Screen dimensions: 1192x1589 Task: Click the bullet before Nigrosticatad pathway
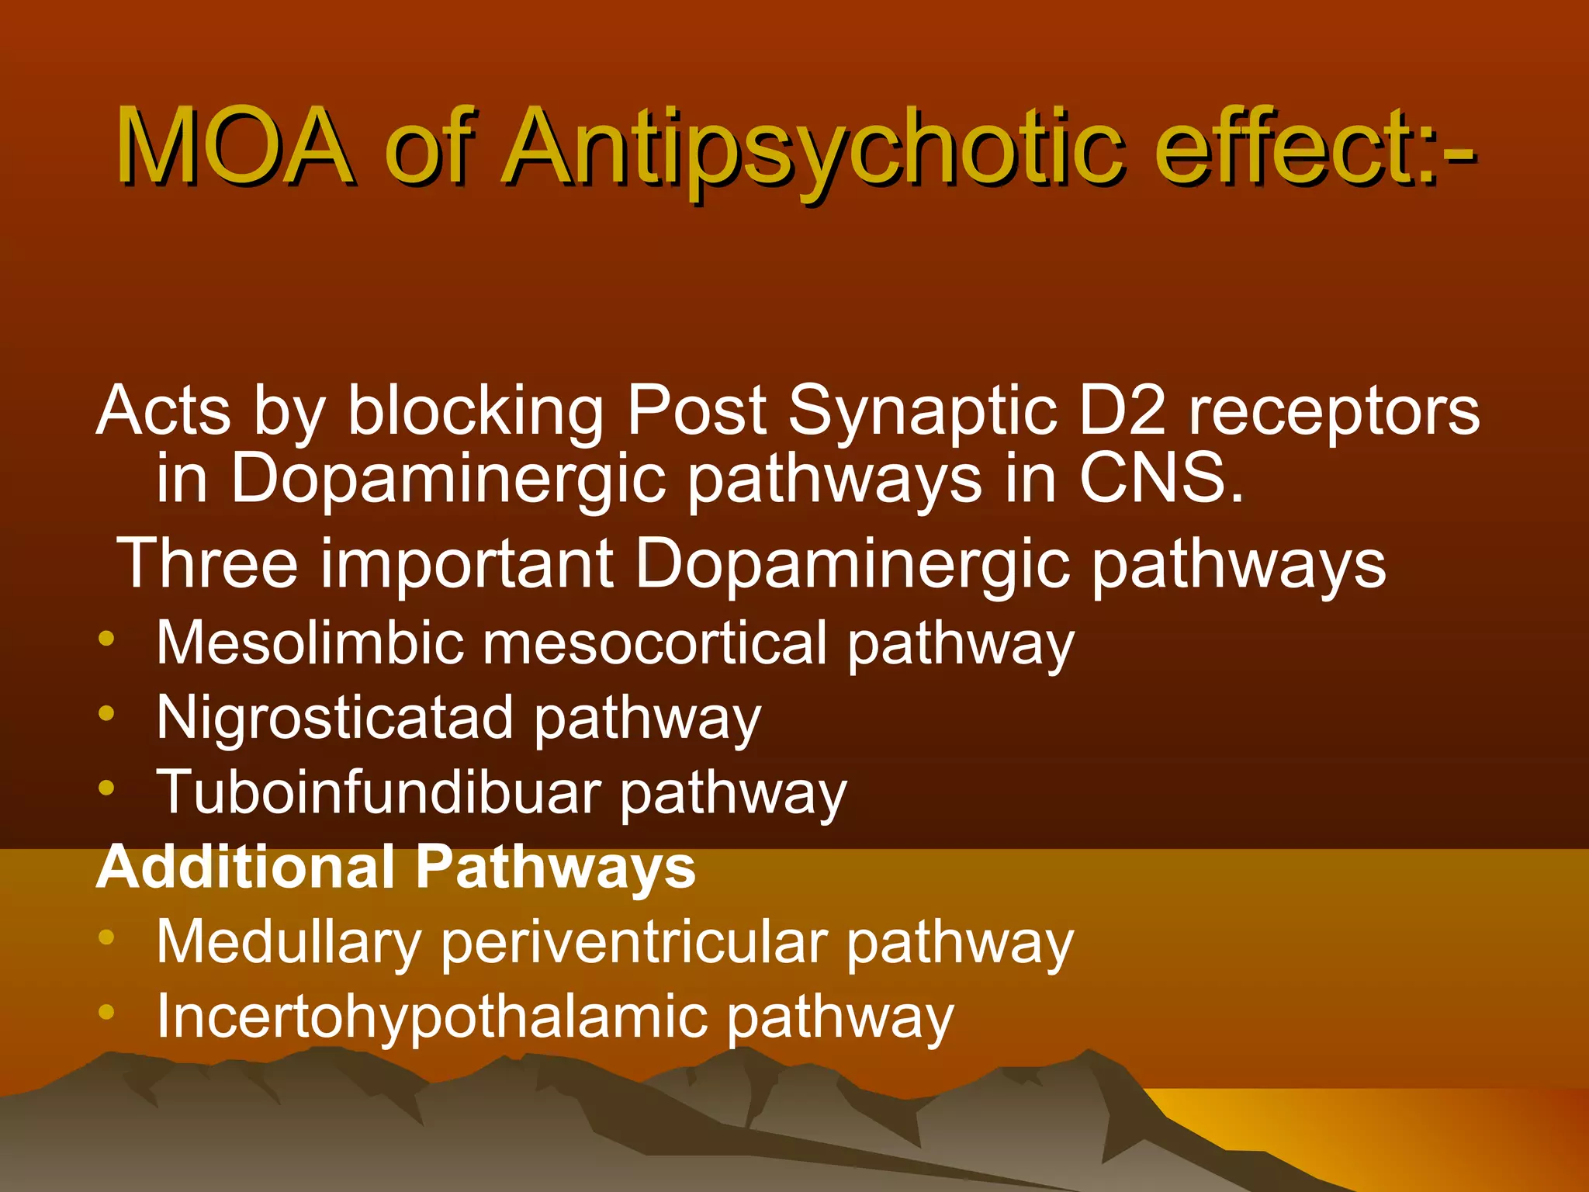pyautogui.click(x=107, y=712)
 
